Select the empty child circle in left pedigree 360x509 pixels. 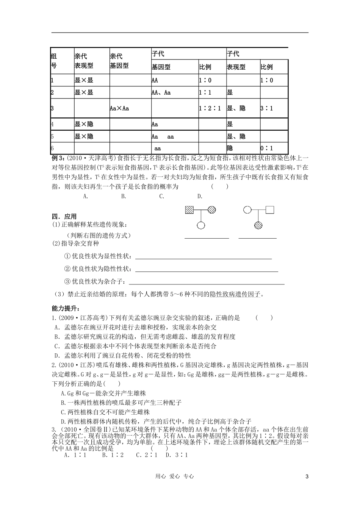click(201, 225)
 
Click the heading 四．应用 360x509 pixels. click(64, 217)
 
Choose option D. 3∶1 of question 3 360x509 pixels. click(177, 455)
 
